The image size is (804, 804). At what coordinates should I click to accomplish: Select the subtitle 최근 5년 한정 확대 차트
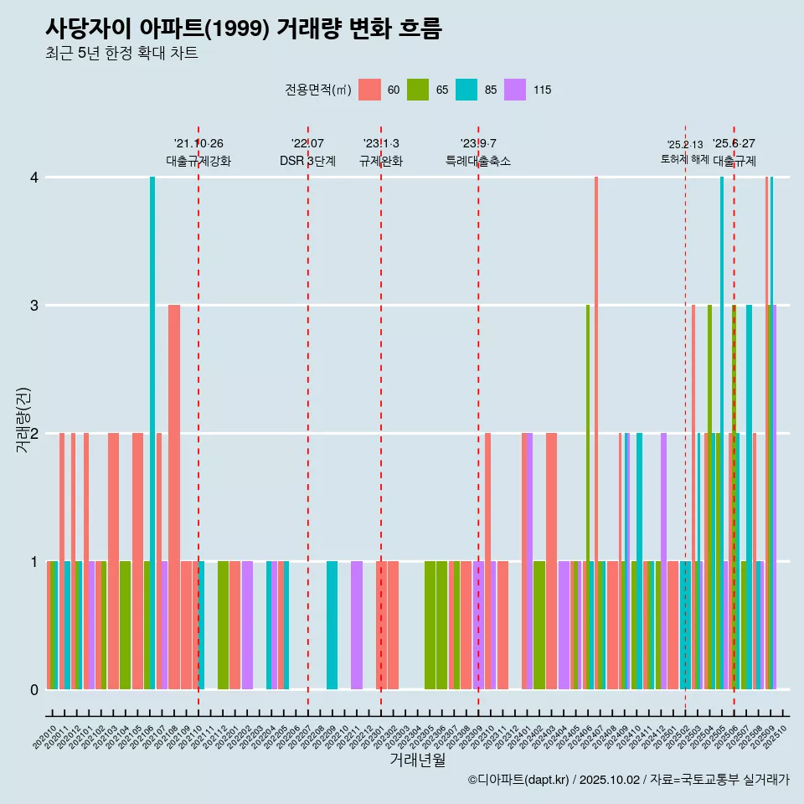121,54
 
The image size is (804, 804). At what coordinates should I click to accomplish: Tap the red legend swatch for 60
369,90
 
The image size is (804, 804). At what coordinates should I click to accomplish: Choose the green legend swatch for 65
418,90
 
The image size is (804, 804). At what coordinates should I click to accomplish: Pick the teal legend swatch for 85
466,90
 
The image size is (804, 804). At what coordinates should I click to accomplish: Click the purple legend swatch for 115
515,90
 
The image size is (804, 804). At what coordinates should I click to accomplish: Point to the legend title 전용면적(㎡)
317,90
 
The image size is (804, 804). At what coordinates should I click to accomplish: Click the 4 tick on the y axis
34,178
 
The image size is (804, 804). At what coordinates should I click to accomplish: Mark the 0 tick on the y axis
34,689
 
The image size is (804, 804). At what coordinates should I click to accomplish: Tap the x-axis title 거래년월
417,760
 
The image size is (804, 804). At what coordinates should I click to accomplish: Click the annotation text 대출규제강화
198,161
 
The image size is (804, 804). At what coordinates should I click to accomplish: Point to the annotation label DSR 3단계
308,161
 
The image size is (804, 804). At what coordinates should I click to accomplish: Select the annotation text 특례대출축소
478,161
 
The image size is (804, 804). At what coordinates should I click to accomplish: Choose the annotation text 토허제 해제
685,158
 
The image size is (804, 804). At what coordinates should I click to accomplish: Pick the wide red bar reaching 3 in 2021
174,494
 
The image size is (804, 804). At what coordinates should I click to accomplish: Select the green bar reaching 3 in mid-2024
588,494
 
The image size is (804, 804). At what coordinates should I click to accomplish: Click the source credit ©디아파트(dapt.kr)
520,780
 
